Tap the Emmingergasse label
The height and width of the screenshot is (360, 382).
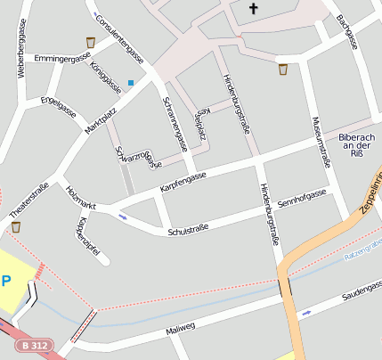click(61, 59)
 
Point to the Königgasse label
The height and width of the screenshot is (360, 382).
click(106, 78)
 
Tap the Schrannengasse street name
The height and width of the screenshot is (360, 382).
click(175, 124)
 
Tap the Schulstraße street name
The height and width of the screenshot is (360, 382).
click(187, 230)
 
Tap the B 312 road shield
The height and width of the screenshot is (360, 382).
click(35, 345)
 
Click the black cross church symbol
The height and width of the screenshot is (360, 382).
click(253, 9)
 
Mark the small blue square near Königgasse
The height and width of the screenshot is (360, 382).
click(131, 84)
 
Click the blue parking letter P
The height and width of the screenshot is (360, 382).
click(6, 281)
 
